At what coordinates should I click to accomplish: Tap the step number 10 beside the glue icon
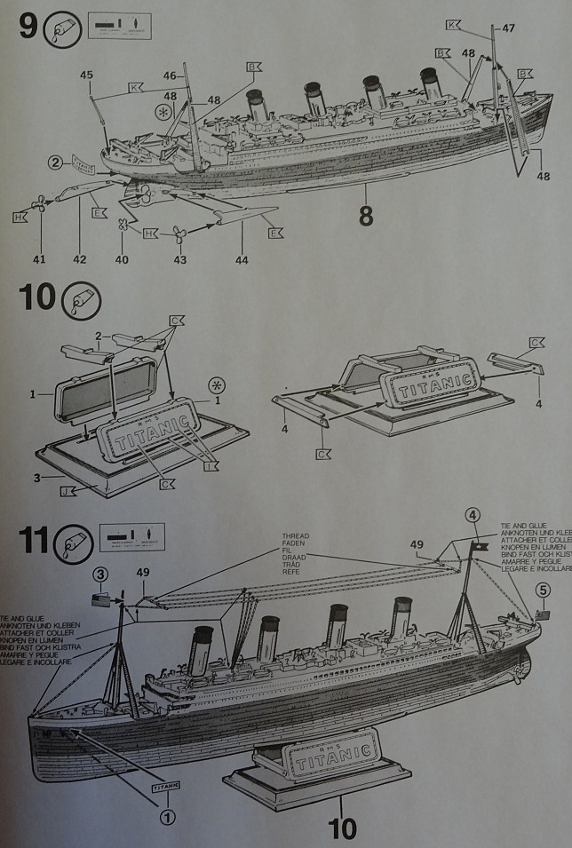(36, 298)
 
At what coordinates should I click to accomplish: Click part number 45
(86, 75)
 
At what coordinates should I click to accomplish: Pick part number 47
(508, 28)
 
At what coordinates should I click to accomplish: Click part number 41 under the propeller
(38, 260)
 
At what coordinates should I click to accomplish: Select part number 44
(242, 260)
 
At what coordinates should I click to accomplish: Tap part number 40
(122, 260)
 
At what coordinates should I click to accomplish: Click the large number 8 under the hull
(366, 216)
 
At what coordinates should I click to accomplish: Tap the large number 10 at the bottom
(342, 828)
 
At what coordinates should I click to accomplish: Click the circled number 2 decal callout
(55, 162)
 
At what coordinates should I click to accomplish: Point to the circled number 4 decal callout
(473, 515)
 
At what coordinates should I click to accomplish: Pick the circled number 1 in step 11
(167, 816)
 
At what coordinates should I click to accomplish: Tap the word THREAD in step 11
(295, 536)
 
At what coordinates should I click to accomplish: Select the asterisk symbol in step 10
(214, 384)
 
